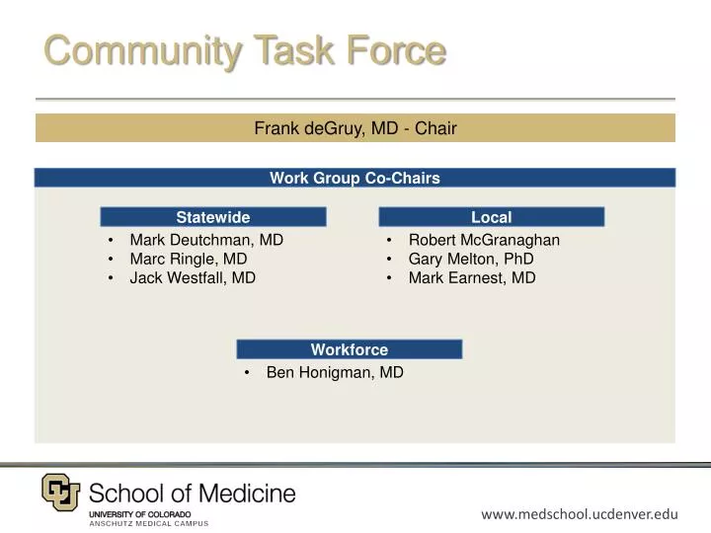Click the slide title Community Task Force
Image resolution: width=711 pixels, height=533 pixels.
(x=244, y=49)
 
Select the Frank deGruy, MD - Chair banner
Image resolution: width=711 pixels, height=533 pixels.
(x=355, y=127)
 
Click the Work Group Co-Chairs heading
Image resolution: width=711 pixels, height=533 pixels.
(x=355, y=178)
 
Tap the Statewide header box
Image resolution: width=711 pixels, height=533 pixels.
(x=213, y=217)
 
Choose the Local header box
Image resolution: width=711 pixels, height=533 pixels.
(x=491, y=217)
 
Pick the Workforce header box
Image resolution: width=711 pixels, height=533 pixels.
(x=349, y=349)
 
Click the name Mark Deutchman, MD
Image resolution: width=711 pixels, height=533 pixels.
(x=206, y=240)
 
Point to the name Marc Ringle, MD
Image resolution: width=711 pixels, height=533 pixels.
(x=189, y=259)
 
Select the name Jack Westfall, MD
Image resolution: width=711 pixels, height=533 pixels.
(x=193, y=277)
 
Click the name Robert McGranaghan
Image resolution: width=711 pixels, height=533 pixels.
(x=484, y=240)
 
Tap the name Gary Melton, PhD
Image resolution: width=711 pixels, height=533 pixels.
(x=471, y=259)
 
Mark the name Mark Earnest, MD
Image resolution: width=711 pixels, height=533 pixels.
(x=472, y=277)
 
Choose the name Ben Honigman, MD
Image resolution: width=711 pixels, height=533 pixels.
(x=335, y=372)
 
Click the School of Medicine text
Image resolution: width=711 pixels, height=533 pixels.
(x=192, y=493)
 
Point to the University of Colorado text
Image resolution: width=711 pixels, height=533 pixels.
(x=139, y=514)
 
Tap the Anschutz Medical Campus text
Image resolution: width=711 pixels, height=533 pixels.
(x=149, y=523)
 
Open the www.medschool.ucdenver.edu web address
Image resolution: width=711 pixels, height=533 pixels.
(x=580, y=513)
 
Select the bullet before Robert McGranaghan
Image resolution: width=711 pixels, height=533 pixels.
(x=391, y=240)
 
